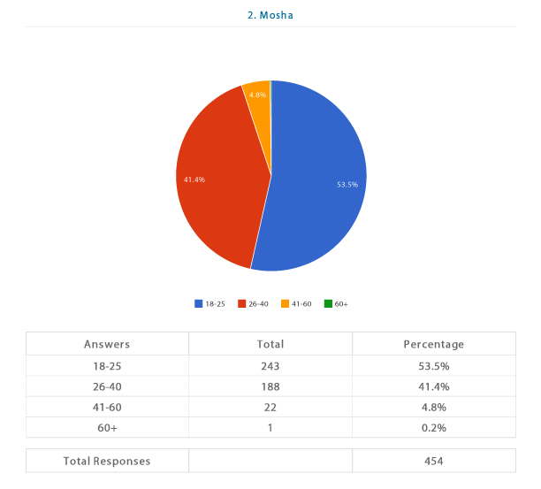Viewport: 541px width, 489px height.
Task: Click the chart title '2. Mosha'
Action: (x=270, y=14)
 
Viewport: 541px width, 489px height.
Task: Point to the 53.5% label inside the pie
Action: (x=347, y=185)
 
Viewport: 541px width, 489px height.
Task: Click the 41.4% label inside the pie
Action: (x=194, y=180)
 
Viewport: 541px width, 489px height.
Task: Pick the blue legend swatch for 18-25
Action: (x=199, y=303)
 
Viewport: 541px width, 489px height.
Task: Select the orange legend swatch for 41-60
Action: (x=285, y=303)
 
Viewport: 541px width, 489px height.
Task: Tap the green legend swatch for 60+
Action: (x=327, y=303)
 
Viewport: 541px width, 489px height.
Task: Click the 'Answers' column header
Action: (x=107, y=344)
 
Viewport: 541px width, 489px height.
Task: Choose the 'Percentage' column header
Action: (x=433, y=344)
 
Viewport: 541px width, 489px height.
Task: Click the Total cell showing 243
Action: (x=270, y=365)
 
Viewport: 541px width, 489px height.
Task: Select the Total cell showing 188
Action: (x=270, y=386)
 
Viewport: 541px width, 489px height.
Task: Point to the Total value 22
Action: (x=270, y=407)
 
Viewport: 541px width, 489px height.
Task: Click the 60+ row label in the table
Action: (x=107, y=428)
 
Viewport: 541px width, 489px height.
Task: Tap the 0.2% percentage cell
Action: (x=433, y=428)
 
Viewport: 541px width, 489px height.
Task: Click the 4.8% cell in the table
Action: (x=433, y=407)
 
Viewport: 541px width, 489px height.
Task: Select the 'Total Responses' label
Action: (x=107, y=461)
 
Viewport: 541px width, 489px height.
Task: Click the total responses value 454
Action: (x=433, y=461)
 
